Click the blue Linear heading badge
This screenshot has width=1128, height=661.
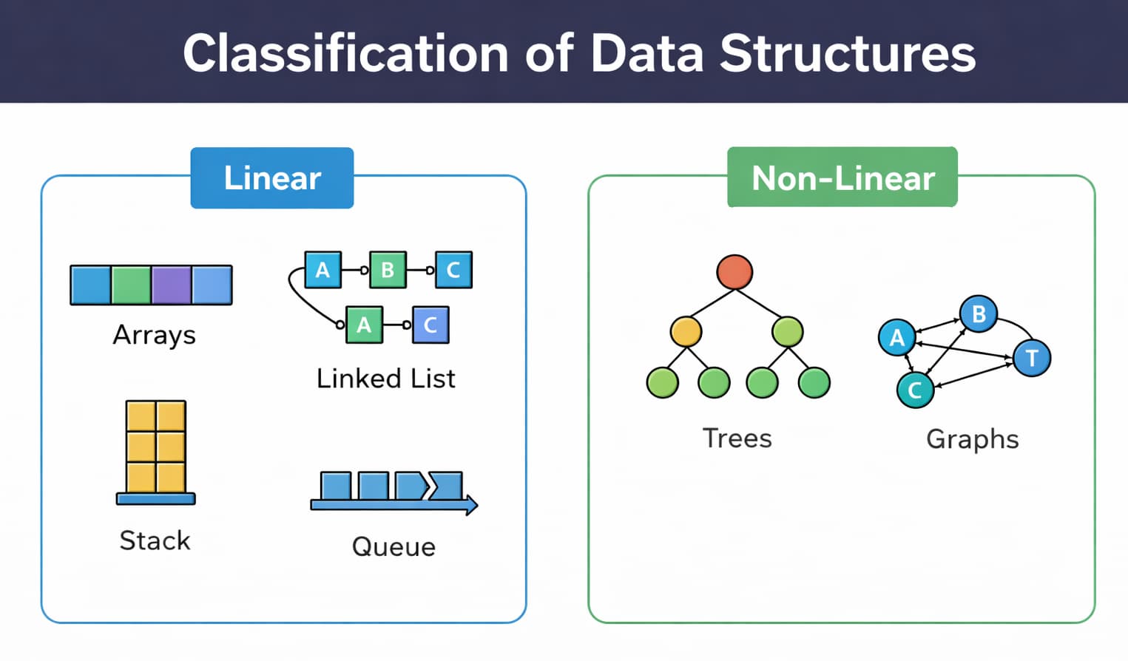271,178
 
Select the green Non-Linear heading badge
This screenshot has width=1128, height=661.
842,178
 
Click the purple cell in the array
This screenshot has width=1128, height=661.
172,285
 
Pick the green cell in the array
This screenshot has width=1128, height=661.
131,285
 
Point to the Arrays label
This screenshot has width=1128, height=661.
154,335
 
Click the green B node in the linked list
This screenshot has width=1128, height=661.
388,270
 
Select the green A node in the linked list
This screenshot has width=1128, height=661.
364,325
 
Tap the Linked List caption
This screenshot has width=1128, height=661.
385,379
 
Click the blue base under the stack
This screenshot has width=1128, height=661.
155,499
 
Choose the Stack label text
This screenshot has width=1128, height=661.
155,540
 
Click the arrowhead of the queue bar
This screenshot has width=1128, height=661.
470,505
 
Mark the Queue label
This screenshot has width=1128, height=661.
394,547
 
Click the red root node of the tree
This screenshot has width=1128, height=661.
734,271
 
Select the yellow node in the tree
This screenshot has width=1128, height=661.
686,332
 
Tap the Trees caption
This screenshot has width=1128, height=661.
737,438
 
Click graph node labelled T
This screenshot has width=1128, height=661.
1032,358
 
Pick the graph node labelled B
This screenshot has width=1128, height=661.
978,313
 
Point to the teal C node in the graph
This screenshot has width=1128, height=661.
915,390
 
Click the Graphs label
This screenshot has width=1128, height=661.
972,439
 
